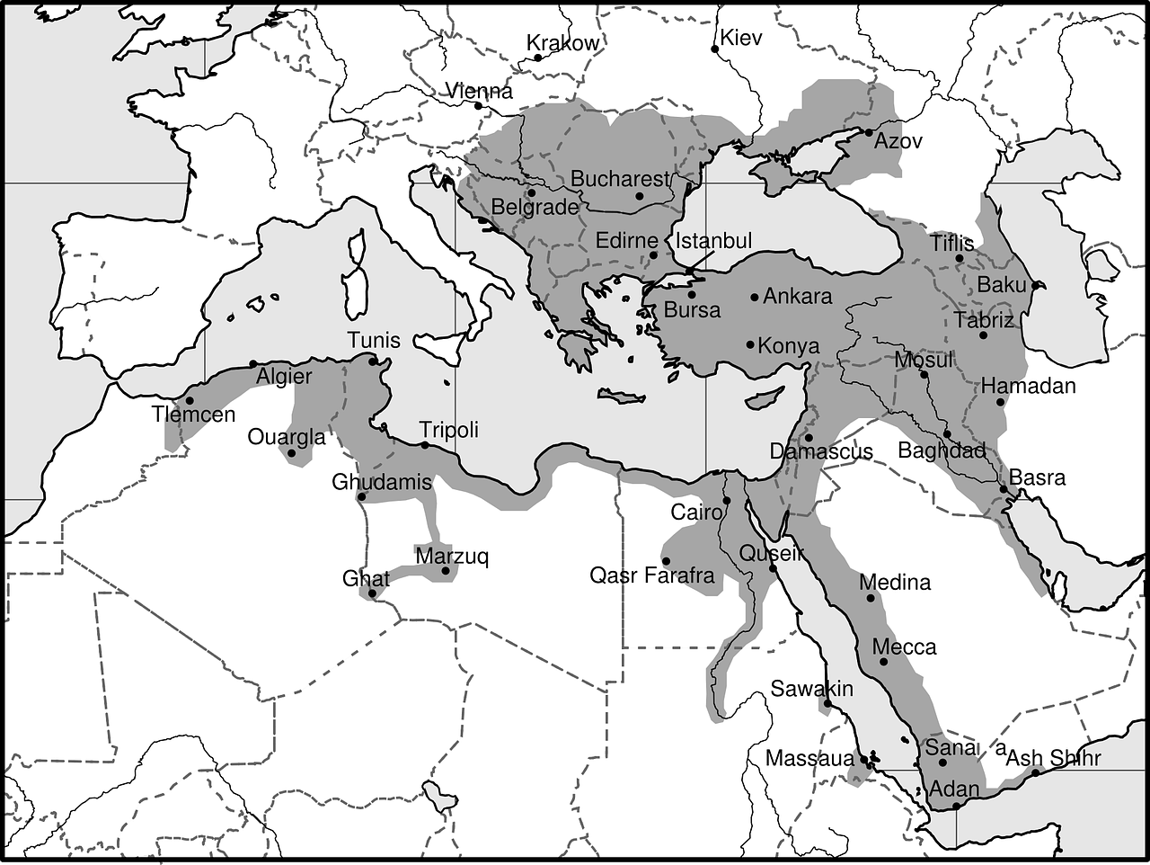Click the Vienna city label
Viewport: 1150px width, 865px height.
point(479,91)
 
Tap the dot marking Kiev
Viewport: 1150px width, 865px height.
point(715,49)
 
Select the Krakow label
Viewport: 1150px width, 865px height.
point(562,42)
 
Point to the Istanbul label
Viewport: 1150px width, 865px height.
point(713,240)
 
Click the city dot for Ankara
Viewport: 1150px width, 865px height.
point(755,298)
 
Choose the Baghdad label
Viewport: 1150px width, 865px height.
point(942,450)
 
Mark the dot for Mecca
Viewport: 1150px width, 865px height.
point(884,662)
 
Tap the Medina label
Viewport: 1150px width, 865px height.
point(896,582)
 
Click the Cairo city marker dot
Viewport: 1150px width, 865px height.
point(727,501)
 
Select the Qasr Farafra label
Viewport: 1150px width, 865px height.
point(651,575)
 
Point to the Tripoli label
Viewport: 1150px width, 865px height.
point(449,429)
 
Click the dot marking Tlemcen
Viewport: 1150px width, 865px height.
point(190,401)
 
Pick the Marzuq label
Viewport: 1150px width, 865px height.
point(452,556)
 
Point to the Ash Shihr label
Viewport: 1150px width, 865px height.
point(1053,757)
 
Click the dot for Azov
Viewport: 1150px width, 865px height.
point(869,132)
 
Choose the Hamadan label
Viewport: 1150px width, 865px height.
point(1028,386)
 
